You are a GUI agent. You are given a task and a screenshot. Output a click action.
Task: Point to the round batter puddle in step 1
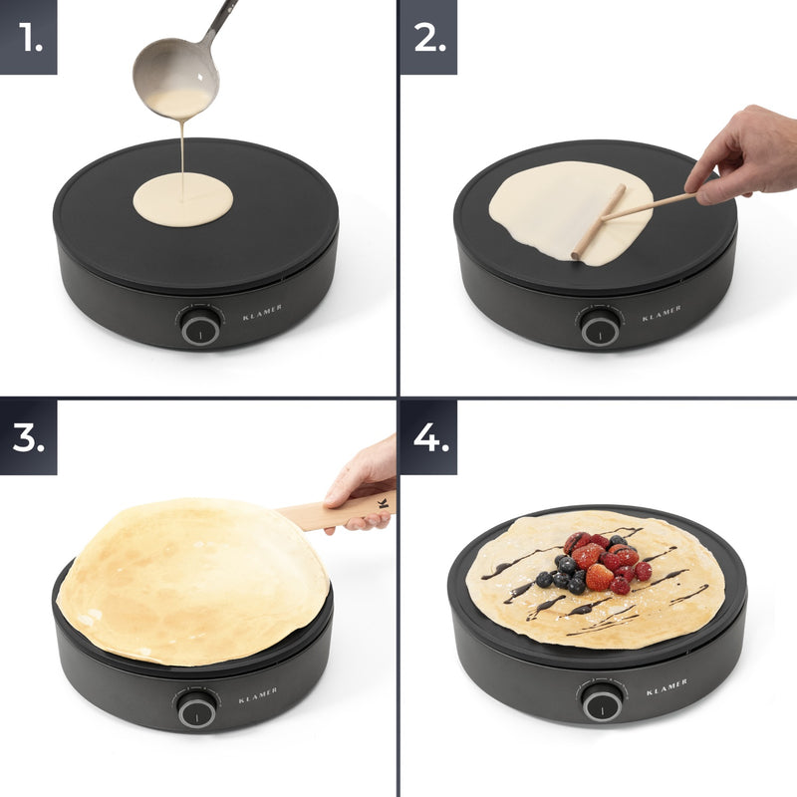pyautogui.click(x=183, y=198)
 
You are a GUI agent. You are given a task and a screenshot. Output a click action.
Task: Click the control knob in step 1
pyautogui.click(x=200, y=326)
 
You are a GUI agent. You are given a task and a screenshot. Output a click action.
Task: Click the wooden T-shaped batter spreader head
pyautogui.click(x=598, y=222)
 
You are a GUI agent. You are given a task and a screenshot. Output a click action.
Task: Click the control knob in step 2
pyautogui.click(x=600, y=327)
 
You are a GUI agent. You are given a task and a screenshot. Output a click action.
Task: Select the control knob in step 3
pyautogui.click(x=196, y=709)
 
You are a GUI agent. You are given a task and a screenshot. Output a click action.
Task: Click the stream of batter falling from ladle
pyautogui.click(x=183, y=149)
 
